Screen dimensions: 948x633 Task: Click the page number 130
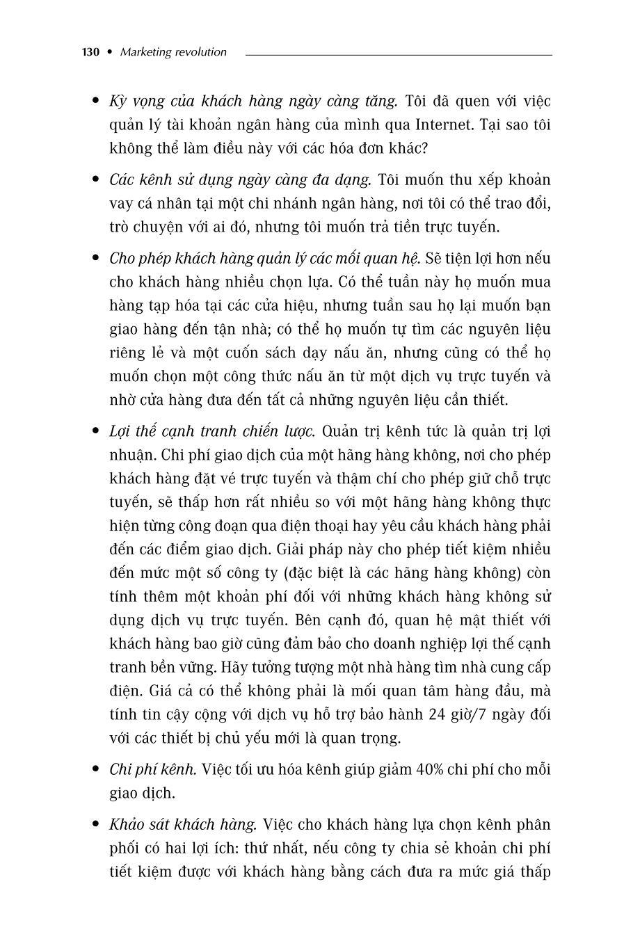tap(91, 52)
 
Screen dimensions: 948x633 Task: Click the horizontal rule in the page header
tap(398, 54)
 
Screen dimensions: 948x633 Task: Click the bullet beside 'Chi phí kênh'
tap(96, 770)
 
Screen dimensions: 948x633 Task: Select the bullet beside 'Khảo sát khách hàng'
tap(96, 825)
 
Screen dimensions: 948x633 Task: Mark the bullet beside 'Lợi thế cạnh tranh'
tap(96, 431)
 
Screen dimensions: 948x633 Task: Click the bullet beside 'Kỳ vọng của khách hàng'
tap(96, 102)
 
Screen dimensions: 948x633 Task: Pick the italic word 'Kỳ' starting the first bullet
tap(117, 102)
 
